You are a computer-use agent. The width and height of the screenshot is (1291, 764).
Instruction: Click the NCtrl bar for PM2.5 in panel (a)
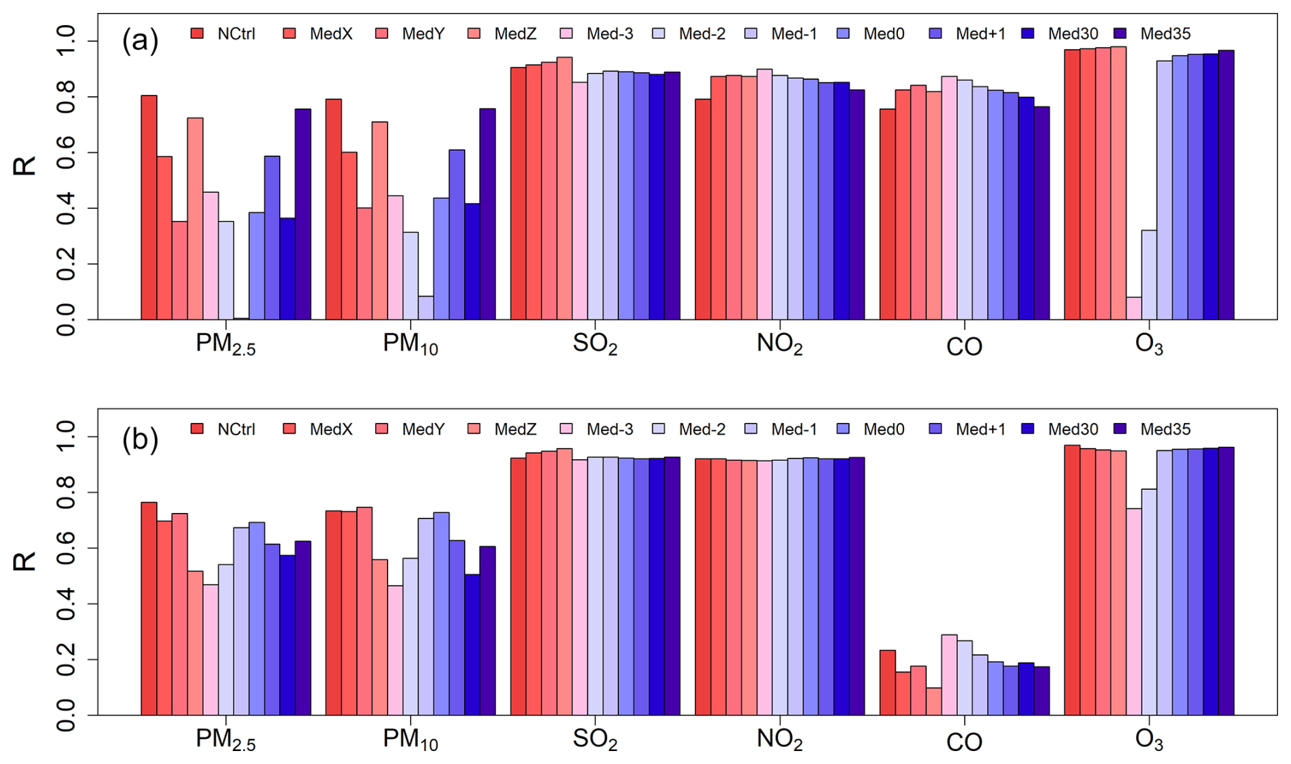(x=149, y=207)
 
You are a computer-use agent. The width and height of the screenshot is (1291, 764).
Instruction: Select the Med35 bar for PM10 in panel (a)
(x=487, y=214)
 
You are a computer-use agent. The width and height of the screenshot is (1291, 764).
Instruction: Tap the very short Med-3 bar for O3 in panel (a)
(x=1133, y=308)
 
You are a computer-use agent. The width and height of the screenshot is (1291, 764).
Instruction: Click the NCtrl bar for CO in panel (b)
(x=887, y=683)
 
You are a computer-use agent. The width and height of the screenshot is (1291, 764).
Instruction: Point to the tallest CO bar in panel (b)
(x=949, y=675)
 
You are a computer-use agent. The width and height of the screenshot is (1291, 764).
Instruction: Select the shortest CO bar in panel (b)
(x=933, y=701)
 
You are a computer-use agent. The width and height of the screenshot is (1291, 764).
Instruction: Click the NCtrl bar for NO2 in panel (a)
(x=703, y=209)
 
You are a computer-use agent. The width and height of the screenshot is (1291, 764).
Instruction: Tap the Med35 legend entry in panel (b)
(x=1152, y=429)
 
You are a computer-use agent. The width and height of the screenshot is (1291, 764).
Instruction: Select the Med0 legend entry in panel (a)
(x=873, y=33)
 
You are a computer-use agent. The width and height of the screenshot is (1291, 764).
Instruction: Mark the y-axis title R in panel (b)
(x=25, y=562)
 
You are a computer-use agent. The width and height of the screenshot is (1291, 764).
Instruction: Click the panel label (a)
(x=140, y=42)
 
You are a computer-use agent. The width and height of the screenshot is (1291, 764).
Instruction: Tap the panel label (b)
(x=140, y=439)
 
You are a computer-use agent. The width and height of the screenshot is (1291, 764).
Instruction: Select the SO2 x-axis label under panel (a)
(x=595, y=344)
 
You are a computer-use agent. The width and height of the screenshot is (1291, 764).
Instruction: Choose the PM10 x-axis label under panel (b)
(x=410, y=739)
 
